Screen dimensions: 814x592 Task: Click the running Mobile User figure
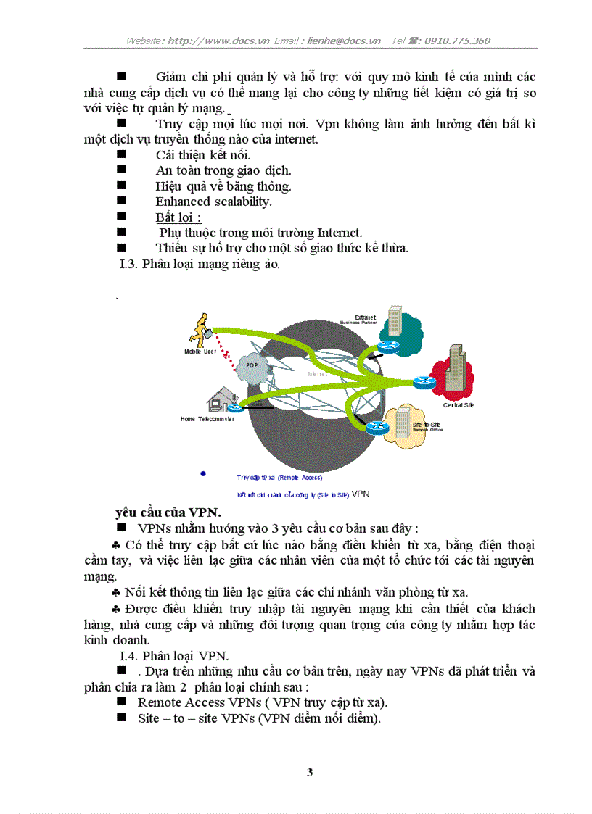pyautogui.click(x=200, y=331)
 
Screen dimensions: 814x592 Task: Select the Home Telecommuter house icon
pyautogui.click(x=222, y=399)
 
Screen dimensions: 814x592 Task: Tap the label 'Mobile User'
pyautogui.click(x=200, y=351)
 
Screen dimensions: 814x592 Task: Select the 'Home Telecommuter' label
pyautogui.click(x=207, y=419)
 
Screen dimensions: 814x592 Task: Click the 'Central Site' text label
pyautogui.click(x=459, y=405)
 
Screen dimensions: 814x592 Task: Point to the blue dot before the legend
pyautogui.click(x=203, y=473)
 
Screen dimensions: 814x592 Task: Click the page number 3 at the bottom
pyautogui.click(x=310, y=773)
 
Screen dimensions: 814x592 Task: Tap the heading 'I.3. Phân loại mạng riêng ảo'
pyautogui.click(x=199, y=264)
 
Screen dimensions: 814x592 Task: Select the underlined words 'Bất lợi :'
pyautogui.click(x=178, y=217)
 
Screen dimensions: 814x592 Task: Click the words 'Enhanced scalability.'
pyautogui.click(x=213, y=202)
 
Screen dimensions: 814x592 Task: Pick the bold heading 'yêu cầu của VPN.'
pyautogui.click(x=168, y=512)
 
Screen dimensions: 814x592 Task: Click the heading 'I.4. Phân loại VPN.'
pyautogui.click(x=174, y=656)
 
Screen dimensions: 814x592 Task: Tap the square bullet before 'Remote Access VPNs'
pyautogui.click(x=121, y=702)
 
